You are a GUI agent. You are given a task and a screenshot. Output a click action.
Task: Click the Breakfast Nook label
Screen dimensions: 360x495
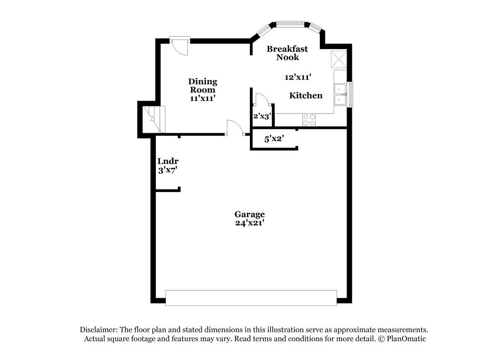tap(287, 53)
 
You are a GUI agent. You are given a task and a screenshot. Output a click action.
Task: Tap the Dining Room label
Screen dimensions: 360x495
tap(202, 86)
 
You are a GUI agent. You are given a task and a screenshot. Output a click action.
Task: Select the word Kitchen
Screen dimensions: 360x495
tap(306, 96)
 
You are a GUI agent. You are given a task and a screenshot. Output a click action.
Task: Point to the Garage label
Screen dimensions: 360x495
tap(249, 214)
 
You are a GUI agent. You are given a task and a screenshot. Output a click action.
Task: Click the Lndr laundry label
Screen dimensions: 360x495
tap(168, 161)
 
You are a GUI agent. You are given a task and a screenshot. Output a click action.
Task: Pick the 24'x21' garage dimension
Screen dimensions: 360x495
tap(249, 223)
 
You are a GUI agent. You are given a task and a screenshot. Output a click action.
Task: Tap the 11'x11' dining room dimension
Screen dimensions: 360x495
tap(202, 98)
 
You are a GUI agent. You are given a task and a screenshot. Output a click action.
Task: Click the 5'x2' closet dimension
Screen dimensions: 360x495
tap(273, 139)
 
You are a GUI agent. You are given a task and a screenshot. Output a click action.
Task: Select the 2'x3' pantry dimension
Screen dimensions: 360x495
tap(261, 117)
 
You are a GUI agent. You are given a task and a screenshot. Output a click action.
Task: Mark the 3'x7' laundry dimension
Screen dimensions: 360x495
tap(168, 170)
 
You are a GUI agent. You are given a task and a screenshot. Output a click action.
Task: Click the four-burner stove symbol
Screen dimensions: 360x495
tap(309, 119)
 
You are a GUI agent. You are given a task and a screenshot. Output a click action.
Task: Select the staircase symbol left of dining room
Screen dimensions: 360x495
tap(153, 120)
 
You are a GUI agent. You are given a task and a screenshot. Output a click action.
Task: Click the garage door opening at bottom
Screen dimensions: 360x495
tap(251, 298)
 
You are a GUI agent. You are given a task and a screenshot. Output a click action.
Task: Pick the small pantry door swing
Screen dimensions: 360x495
tap(261, 99)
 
